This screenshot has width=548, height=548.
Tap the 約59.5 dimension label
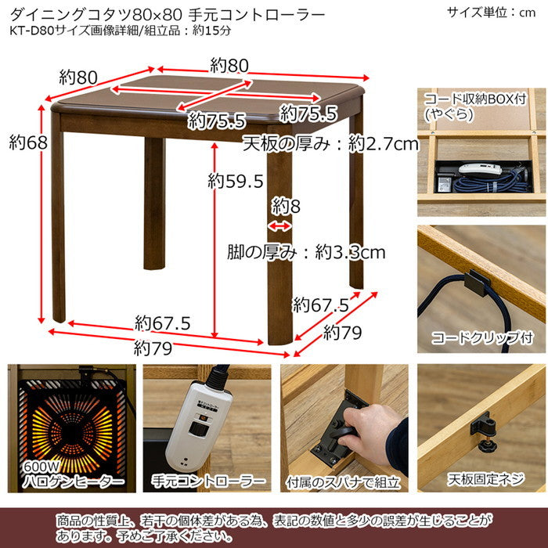click(236, 181)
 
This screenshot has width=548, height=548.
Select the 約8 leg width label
click(287, 207)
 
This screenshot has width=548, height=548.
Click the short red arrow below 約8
click(279, 226)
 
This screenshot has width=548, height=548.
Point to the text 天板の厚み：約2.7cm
click(330, 143)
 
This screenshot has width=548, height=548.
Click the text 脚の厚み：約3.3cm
click(306, 252)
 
